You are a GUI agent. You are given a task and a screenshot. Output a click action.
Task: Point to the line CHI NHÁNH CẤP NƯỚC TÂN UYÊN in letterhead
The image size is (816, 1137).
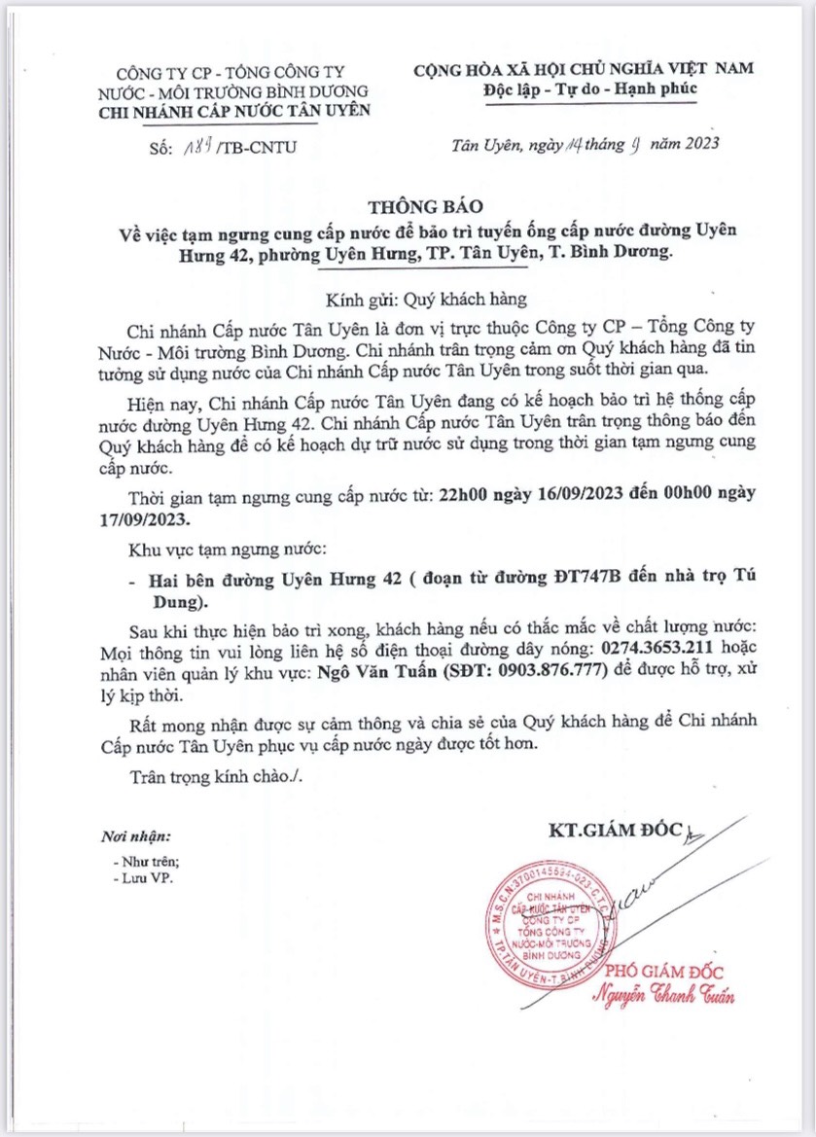[x=235, y=110]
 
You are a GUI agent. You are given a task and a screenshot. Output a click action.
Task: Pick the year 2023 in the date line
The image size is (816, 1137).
[x=694, y=145]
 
